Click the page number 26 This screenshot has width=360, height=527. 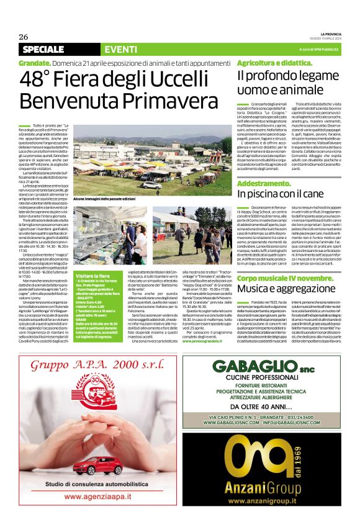point(24,36)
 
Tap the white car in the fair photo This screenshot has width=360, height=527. point(151,184)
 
